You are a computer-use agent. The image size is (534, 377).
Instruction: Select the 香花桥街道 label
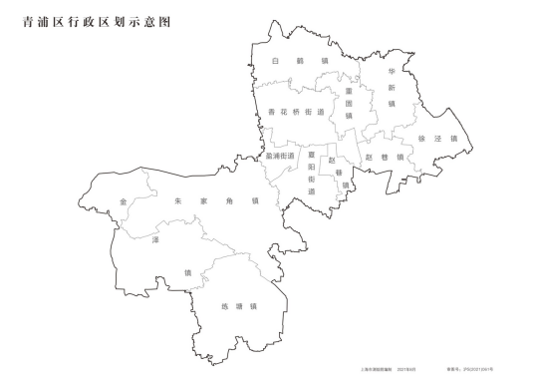tap(297, 112)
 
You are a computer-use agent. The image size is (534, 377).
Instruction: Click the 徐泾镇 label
tap(437, 139)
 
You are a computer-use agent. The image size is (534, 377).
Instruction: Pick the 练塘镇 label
tap(239, 306)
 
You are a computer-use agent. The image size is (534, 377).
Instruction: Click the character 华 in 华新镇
tap(393, 73)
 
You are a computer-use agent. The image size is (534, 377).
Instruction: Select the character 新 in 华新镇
tap(393, 88)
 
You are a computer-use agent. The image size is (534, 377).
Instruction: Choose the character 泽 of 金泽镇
tap(155, 241)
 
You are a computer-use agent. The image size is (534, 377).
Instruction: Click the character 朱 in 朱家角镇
tap(177, 200)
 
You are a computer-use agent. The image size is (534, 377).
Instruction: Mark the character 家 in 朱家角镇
tap(203, 200)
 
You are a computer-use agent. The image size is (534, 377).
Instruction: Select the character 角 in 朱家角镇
tap(229, 200)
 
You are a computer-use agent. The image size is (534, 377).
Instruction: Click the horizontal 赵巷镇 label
tap(385, 157)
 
